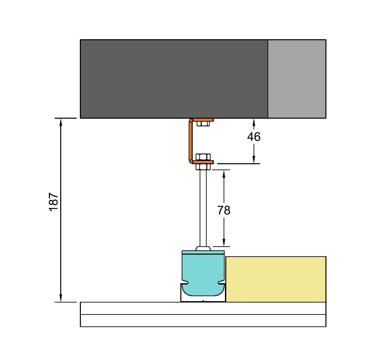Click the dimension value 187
pos(53,202)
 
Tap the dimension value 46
pos(254,137)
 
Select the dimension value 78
pos(224,210)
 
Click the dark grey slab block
pos(174,79)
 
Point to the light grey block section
pos(297,79)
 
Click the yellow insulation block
pos(276,279)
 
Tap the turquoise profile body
pos(203,273)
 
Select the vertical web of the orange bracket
pos(191,141)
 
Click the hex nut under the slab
pos(203,124)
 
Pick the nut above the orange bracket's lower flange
pos(203,157)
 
